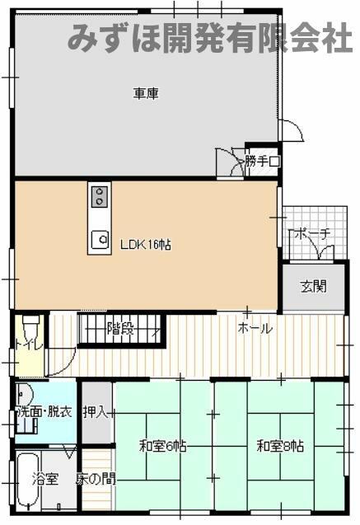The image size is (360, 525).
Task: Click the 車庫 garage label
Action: coord(146,93)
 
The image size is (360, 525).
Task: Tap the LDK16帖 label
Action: coord(146,245)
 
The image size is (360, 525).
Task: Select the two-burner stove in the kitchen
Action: coord(100,196)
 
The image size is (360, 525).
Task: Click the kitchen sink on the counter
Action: coord(100,239)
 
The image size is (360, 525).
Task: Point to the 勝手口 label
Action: coord(262,162)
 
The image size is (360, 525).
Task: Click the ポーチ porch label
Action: coord(312,234)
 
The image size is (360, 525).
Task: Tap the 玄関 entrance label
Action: coord(314,287)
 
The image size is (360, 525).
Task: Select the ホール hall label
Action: coord(255,328)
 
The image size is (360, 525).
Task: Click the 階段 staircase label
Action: coord(120,329)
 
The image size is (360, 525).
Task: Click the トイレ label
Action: coord(29,345)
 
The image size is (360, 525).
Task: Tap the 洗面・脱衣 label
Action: coord(44,411)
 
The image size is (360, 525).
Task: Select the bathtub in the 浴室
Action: coord(29,480)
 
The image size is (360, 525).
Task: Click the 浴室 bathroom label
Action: coord(46,479)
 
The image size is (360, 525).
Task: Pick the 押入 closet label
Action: coord(96,412)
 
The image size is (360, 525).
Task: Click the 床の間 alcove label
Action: coord(96,479)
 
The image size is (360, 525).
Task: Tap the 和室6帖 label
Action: coord(162,447)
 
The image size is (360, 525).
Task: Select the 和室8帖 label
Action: coord(280,447)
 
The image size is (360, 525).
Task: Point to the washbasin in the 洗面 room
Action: coord(24,394)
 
